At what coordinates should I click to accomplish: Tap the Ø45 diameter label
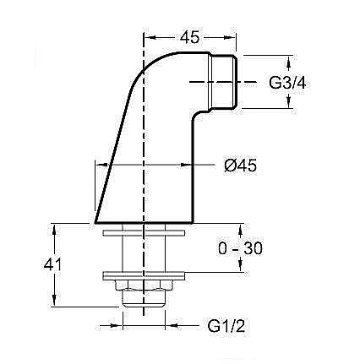(x=240, y=166)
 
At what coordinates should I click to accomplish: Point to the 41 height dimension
(x=30, y=264)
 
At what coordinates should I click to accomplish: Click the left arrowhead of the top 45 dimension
(x=149, y=36)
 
